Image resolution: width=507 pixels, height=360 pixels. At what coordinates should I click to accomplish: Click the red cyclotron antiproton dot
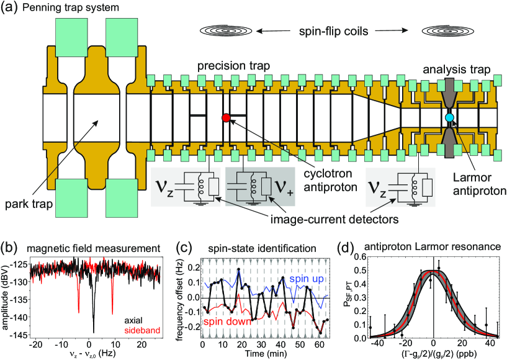coord(226,117)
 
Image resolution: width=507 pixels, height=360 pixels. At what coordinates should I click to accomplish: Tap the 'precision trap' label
coord(226,66)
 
